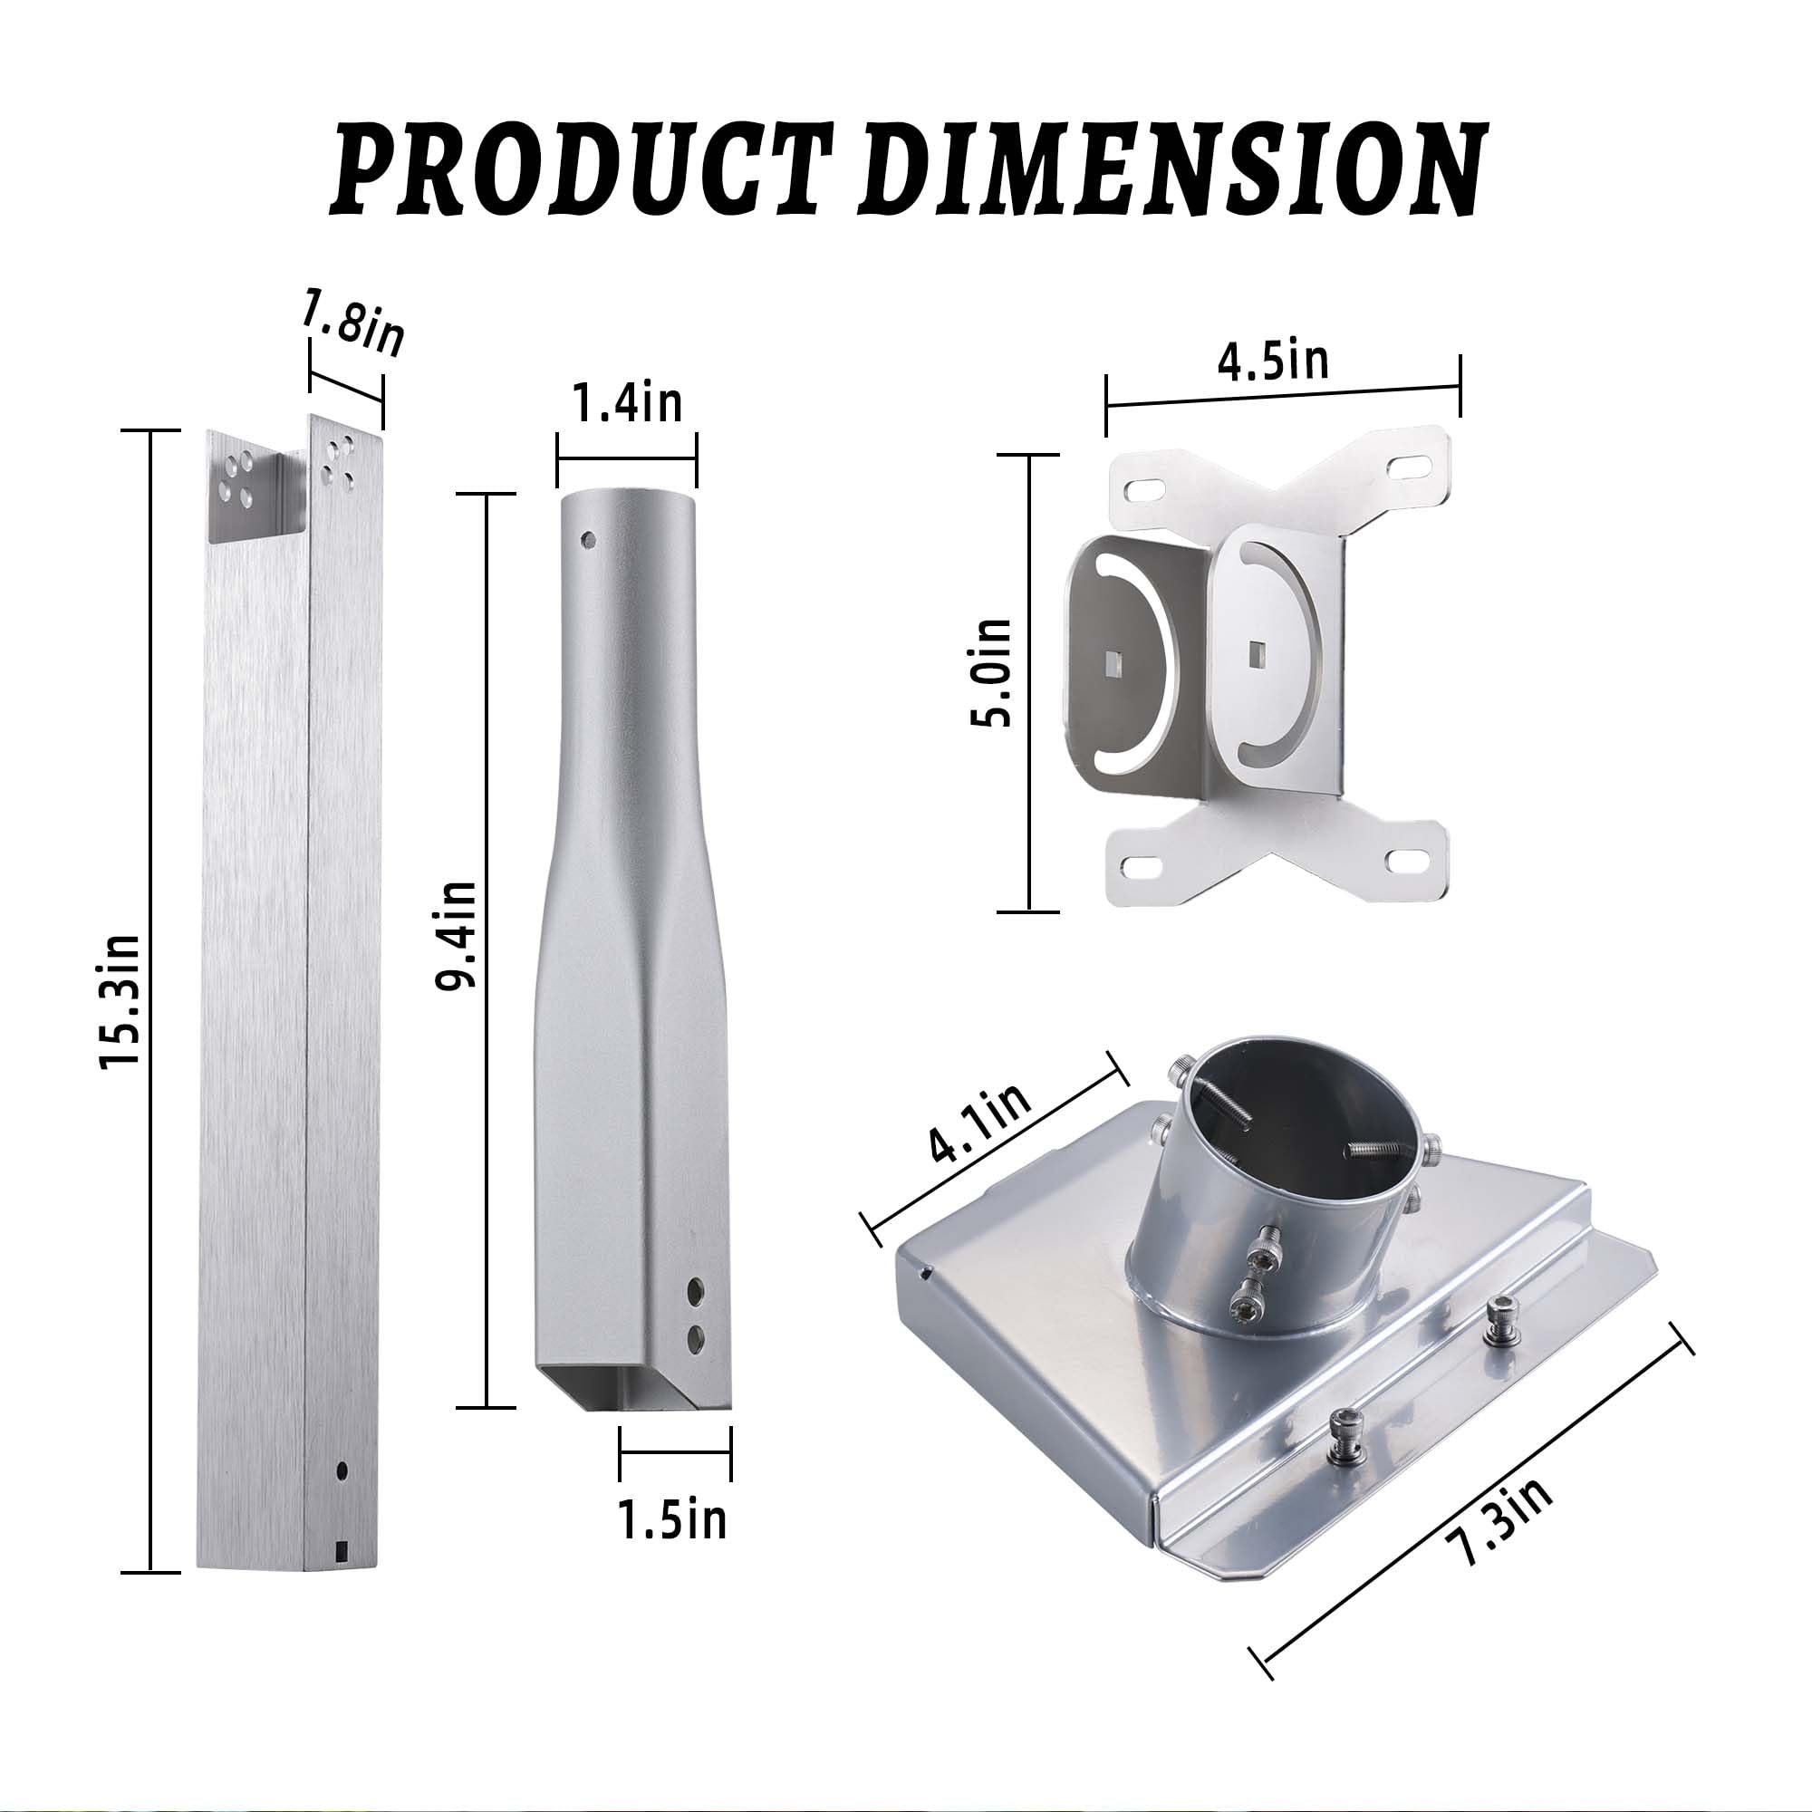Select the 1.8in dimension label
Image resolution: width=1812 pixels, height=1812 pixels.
[x=352, y=323]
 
